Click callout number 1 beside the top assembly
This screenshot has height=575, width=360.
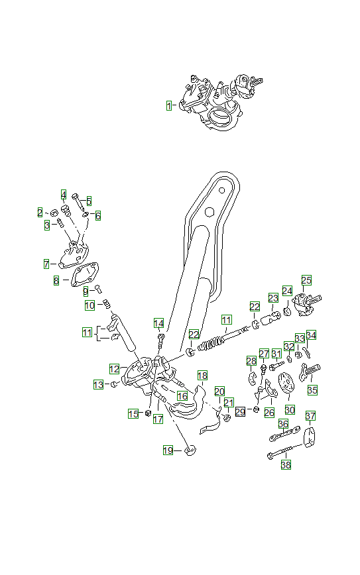click(x=169, y=105)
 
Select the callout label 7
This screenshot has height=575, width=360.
click(x=46, y=264)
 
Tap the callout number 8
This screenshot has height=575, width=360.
click(x=56, y=281)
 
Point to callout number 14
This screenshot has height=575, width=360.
click(x=159, y=323)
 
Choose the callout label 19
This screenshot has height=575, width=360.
click(x=168, y=450)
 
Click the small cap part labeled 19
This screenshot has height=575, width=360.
click(x=190, y=450)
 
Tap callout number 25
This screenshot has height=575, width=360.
click(x=306, y=280)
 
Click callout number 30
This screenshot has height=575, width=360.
click(x=290, y=409)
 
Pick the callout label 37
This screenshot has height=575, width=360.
click(x=310, y=415)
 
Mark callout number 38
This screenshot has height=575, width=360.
click(x=286, y=465)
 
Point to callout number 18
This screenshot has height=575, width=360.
click(x=202, y=375)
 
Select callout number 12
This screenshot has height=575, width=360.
click(x=114, y=368)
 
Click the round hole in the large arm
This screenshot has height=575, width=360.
click(x=208, y=212)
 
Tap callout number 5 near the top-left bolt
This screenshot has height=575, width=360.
click(x=89, y=201)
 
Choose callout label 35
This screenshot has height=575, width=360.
click(x=312, y=390)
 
